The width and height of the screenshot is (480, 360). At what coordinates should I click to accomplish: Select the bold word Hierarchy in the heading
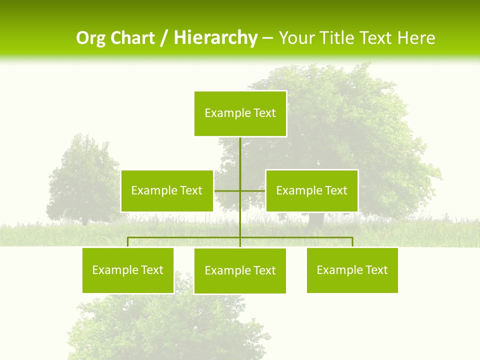point(215,38)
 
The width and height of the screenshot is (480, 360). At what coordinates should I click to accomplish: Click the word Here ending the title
point(416,38)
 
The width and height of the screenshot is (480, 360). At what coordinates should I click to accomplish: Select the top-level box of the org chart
point(240,113)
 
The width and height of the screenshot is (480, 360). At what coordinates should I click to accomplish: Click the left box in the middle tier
point(166,190)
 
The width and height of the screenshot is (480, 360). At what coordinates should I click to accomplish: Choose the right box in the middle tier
point(311,190)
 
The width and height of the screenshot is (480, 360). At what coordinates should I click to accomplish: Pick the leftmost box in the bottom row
point(128,270)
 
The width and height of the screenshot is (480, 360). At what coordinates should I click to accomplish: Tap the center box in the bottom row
point(240,271)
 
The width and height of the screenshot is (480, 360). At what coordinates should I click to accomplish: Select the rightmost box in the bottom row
point(352,270)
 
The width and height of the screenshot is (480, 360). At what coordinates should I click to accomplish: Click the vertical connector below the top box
point(240,160)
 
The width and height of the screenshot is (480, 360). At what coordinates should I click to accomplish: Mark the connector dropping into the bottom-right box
point(352,242)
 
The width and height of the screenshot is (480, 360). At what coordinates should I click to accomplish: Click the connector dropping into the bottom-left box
point(128,242)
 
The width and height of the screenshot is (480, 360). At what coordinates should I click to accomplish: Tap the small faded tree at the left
point(82,180)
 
